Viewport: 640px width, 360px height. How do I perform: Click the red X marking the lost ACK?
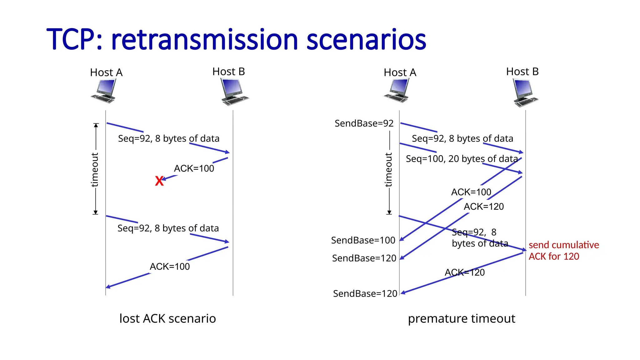(159, 181)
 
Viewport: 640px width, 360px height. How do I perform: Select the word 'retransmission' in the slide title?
(205, 40)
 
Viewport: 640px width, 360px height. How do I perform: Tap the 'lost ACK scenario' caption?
(167, 318)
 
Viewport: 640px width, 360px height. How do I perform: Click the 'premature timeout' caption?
(461, 318)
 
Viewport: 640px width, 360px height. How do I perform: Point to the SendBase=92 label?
(364, 123)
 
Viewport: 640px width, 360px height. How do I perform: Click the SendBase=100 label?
(363, 240)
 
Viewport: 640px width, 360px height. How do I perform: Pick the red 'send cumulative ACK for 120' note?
(563, 251)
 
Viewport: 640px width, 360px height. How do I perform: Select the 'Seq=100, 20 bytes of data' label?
(462, 159)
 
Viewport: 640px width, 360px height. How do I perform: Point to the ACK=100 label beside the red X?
(194, 168)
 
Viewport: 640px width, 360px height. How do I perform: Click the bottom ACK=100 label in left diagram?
(170, 267)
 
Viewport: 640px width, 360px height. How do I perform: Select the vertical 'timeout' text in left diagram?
(94, 170)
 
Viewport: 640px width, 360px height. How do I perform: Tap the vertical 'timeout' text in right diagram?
(388, 170)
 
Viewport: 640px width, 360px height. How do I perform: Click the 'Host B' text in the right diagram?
(522, 72)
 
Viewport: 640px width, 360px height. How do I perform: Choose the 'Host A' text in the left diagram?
(106, 72)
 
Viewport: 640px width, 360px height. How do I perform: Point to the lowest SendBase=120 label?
(365, 294)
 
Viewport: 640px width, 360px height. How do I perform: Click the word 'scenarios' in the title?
(366, 40)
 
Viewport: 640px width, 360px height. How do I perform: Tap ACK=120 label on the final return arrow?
(464, 272)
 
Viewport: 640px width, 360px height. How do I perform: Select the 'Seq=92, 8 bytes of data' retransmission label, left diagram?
(168, 228)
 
